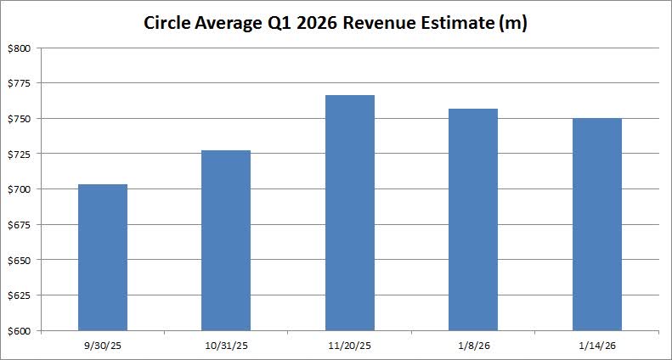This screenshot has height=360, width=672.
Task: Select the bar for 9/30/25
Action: pos(102,257)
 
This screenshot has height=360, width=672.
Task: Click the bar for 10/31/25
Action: pos(226,240)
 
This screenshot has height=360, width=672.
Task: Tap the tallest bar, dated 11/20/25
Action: pos(349,212)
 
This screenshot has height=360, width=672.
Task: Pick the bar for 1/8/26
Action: pos(473,219)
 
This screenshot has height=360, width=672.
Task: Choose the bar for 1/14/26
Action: pos(596,224)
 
